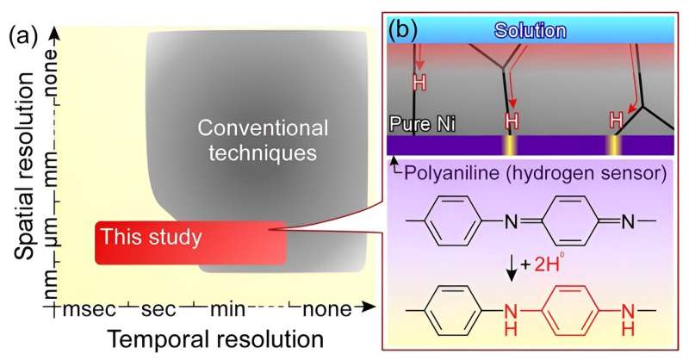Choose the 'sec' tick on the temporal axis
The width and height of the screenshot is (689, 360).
point(160,308)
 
